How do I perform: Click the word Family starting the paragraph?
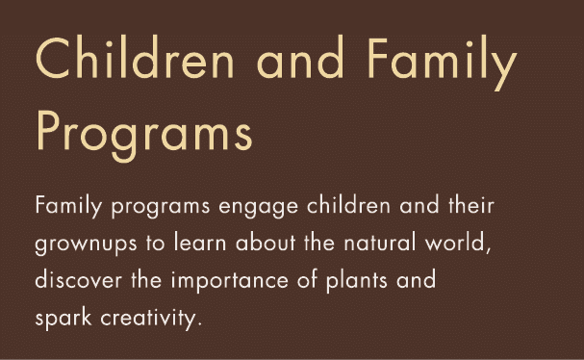(62, 207)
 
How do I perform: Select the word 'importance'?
(222, 284)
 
